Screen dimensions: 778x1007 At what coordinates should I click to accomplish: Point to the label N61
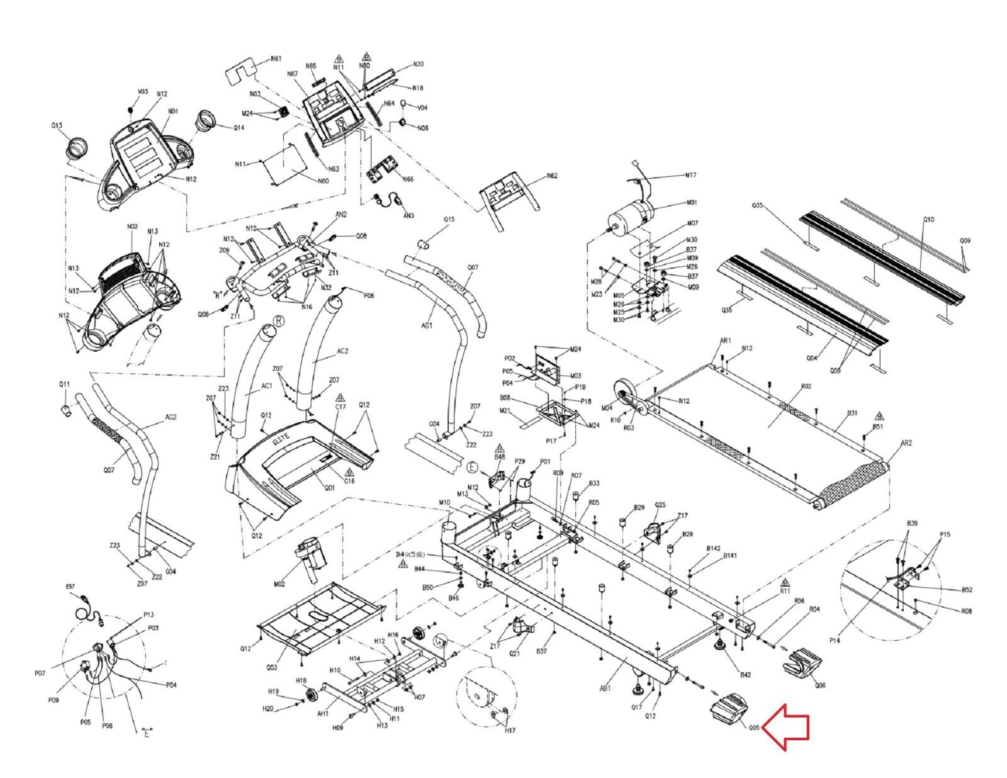pos(276,59)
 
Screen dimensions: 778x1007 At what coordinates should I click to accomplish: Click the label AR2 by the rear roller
pos(906,443)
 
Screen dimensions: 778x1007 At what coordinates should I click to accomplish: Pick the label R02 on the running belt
pos(806,386)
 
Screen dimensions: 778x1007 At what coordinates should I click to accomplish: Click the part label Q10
pos(929,220)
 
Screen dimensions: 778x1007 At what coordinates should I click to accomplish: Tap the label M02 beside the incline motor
pos(279,584)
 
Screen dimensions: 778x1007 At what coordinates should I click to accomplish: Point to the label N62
pos(552,176)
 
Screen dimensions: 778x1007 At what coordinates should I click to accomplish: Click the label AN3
pos(408,215)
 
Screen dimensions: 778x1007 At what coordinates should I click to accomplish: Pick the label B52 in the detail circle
pos(967,590)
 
